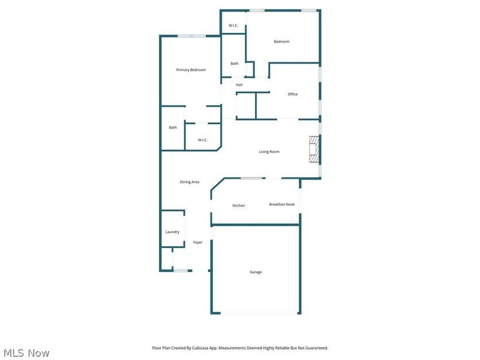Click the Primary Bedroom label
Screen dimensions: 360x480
(191, 70)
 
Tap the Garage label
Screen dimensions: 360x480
(256, 272)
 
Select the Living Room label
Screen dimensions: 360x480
(269, 152)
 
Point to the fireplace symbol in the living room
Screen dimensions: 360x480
(313, 149)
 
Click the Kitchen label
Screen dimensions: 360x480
(239, 206)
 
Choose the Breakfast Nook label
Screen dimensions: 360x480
(282, 205)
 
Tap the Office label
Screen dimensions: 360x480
(293, 94)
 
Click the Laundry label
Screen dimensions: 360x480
(172, 232)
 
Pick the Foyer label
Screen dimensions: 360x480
(197, 242)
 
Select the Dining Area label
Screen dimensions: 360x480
(190, 182)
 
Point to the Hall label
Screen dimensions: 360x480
(239, 85)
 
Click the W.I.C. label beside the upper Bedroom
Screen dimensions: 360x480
(233, 25)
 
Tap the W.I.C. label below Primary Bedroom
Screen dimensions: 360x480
(203, 140)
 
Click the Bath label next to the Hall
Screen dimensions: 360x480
(235, 64)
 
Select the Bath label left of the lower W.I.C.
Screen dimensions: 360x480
(173, 127)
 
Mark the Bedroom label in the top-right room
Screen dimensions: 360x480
(282, 41)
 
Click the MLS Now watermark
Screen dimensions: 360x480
(26, 353)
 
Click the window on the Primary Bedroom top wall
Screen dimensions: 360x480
(191, 37)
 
